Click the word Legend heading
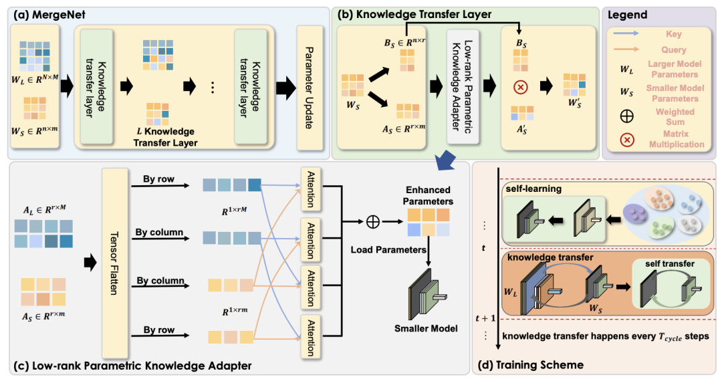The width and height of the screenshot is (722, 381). [x=632, y=15]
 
